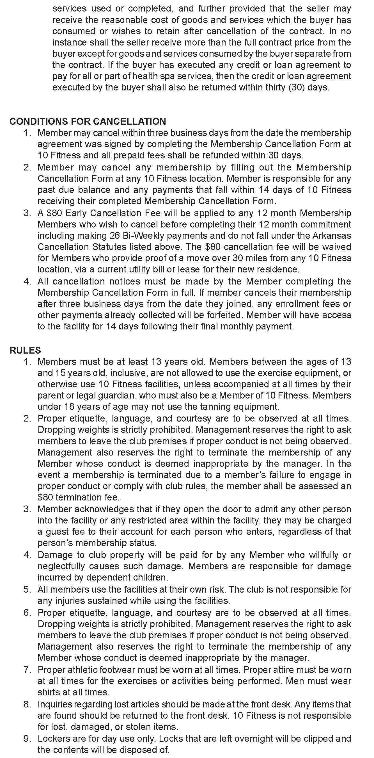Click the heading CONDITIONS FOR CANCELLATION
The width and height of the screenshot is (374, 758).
point(88,121)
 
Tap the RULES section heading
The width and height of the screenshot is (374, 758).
point(25,350)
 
